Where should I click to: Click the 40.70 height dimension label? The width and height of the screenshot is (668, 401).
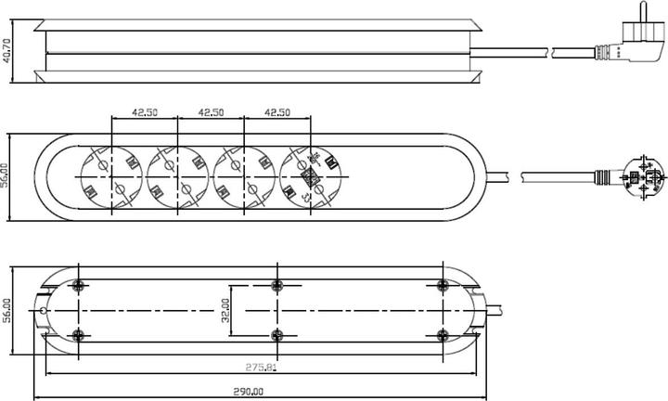tap(7, 48)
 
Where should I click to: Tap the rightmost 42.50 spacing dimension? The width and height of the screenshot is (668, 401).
tap(277, 112)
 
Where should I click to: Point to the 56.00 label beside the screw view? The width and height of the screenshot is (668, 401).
tap(7, 312)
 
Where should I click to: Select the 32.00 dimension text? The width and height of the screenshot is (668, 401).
tap(224, 309)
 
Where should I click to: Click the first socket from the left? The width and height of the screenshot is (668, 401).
tap(110, 175)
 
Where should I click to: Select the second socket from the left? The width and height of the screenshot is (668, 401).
tap(177, 175)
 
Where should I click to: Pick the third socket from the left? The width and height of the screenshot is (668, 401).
tap(243, 175)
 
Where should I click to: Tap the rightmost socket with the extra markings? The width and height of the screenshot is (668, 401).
tap(310, 175)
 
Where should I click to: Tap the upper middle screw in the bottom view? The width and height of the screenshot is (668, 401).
tap(276, 285)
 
